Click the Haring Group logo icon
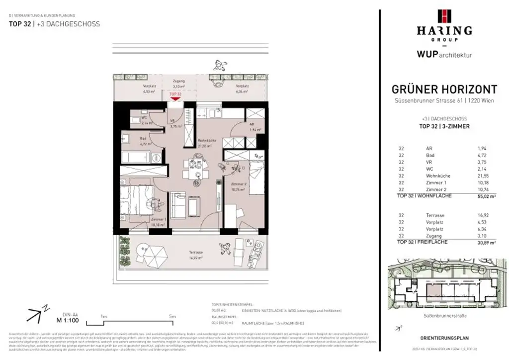pyautogui.click(x=444, y=16)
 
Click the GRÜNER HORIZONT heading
pyautogui.click(x=444, y=90)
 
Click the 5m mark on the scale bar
pyautogui.click(x=172, y=315)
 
